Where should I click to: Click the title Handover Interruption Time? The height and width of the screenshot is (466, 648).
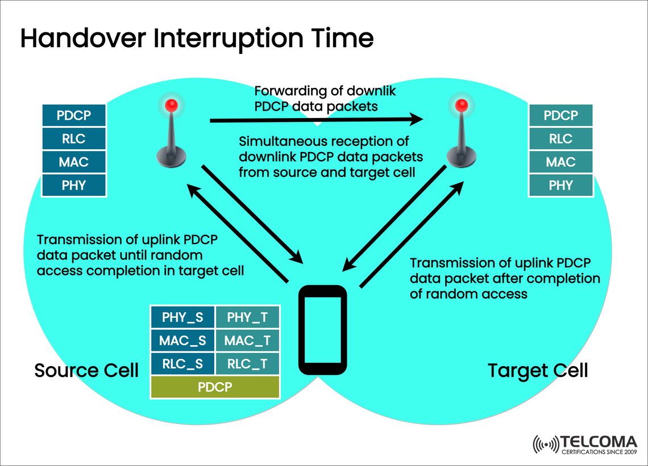click(197, 38)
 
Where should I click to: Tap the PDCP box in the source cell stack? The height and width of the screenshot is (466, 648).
click(74, 116)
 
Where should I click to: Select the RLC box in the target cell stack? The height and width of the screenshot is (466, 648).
click(560, 139)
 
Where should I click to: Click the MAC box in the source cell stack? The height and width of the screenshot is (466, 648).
click(74, 162)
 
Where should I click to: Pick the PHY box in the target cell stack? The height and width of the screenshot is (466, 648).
click(560, 185)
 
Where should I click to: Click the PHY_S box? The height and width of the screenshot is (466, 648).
click(182, 317)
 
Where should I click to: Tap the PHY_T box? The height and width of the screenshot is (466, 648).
click(247, 317)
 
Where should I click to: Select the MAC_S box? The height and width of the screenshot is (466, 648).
click(182, 341)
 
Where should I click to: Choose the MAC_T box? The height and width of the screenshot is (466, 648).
click(247, 341)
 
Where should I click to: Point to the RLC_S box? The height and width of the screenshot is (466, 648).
click(182, 364)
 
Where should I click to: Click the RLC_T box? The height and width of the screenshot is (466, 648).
click(247, 364)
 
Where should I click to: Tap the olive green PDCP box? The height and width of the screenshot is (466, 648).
click(215, 387)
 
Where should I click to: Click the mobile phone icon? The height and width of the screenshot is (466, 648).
click(323, 330)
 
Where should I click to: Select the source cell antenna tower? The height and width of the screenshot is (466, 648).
click(171, 136)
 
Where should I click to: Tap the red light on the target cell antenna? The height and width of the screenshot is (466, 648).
click(462, 105)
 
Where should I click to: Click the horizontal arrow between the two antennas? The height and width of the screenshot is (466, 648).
click(316, 120)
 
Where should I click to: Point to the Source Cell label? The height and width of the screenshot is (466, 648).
click(86, 371)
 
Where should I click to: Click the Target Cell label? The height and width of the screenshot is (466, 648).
click(538, 371)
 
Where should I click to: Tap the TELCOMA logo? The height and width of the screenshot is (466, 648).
click(585, 444)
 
